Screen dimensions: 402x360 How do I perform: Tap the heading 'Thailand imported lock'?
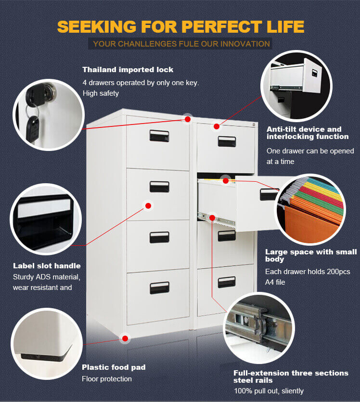(x=128, y=70)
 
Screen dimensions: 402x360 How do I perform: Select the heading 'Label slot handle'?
(x=47, y=265)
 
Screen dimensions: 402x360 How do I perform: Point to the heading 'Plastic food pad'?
(x=114, y=367)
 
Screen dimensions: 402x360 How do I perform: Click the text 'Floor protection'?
(x=106, y=379)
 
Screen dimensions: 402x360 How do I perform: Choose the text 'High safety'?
(x=101, y=93)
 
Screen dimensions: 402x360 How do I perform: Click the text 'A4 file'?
(x=275, y=282)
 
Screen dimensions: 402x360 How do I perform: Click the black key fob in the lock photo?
(x=32, y=127)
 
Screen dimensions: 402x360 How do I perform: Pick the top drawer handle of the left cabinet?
(x=159, y=136)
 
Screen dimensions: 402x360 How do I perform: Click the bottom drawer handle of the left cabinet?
(x=159, y=288)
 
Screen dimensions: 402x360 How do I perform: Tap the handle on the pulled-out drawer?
(x=269, y=194)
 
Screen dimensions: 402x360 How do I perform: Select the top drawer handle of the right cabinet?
(x=227, y=141)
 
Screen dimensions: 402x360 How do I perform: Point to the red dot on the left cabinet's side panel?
(x=148, y=205)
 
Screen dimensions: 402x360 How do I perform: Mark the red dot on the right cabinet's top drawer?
(x=217, y=126)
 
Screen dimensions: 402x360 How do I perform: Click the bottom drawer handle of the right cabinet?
(x=227, y=282)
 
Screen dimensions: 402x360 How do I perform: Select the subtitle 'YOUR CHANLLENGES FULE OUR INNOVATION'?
(x=181, y=44)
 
